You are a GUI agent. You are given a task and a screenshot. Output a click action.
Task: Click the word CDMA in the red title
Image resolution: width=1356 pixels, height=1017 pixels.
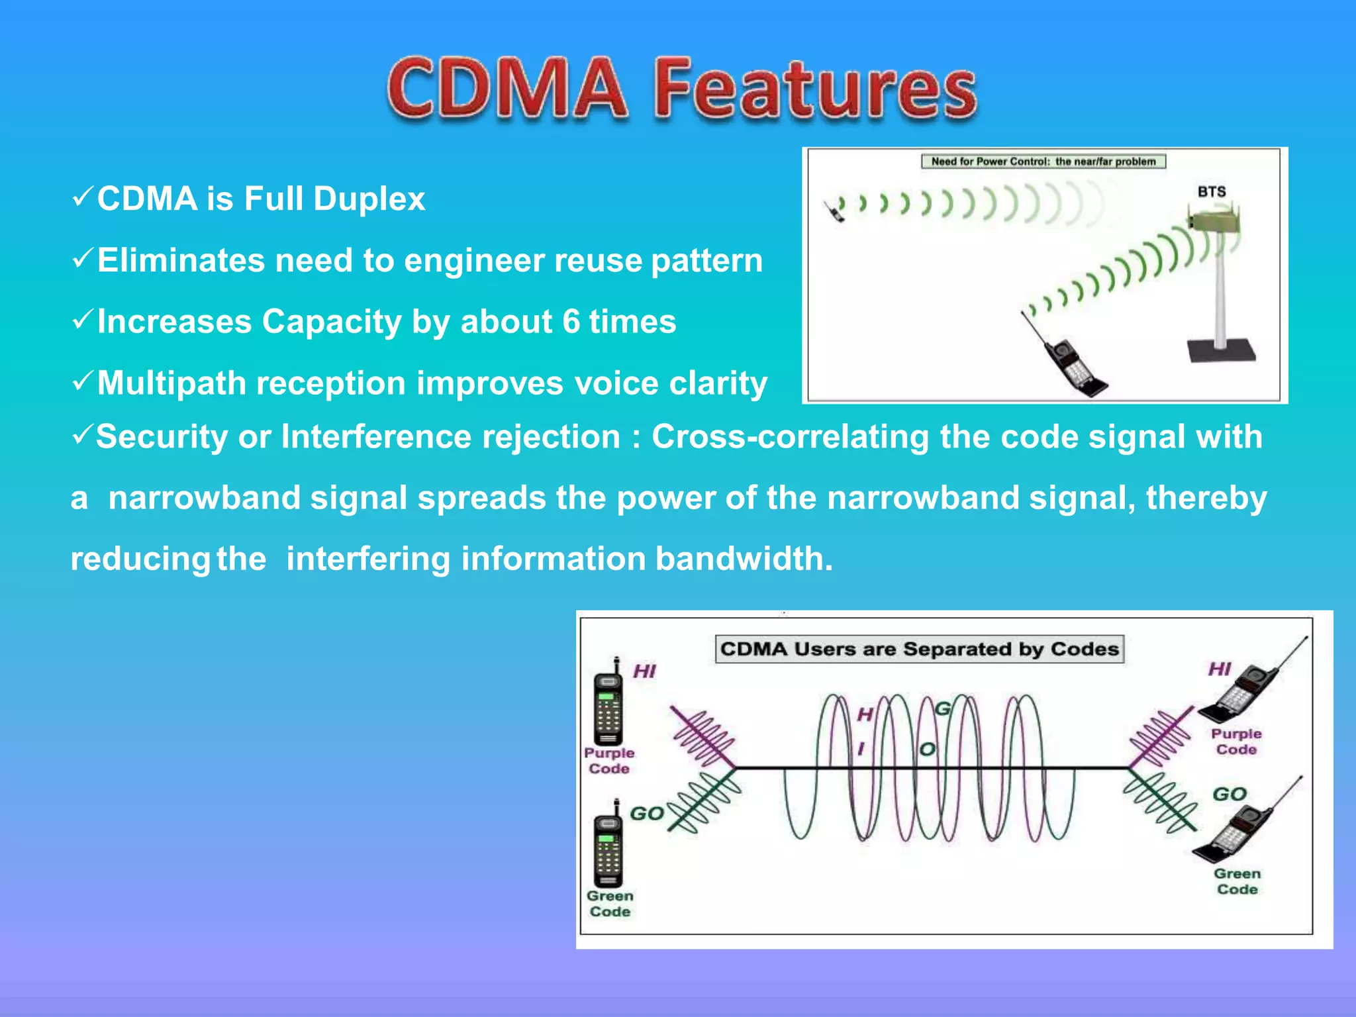tap(507, 89)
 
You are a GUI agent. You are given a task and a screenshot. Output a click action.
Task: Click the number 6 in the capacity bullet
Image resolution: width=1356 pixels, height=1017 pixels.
tap(571, 322)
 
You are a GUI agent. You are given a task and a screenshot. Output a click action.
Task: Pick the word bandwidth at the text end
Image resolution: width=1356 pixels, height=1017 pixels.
tap(744, 559)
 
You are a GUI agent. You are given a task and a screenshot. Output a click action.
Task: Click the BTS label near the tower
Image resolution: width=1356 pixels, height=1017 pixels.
tap(1211, 191)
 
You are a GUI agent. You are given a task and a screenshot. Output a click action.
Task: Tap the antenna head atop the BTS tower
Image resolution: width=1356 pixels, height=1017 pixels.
tap(1214, 219)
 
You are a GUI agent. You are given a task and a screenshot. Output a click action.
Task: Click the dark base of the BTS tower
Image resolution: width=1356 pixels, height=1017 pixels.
tap(1221, 350)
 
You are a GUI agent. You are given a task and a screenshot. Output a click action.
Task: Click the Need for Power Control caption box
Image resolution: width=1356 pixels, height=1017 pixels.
tap(1043, 162)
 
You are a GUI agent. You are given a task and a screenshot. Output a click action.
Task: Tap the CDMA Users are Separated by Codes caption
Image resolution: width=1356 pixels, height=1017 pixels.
tap(919, 649)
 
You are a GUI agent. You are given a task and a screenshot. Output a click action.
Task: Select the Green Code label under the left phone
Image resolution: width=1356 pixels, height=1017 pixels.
tap(610, 904)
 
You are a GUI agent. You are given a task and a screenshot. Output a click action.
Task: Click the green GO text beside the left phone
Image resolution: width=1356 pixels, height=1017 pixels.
tap(646, 813)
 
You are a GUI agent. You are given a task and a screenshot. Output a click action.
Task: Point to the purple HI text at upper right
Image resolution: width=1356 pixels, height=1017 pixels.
tap(1220, 669)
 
